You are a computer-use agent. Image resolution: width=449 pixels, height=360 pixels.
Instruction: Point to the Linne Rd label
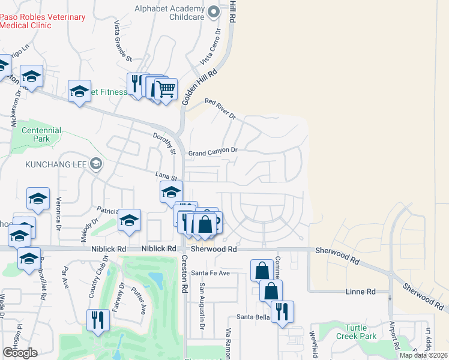(361, 292)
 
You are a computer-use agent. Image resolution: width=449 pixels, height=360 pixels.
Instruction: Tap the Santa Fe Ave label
(211, 272)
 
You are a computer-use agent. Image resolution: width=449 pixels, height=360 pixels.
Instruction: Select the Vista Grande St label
(123, 41)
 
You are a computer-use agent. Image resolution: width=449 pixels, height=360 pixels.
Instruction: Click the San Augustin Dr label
(202, 301)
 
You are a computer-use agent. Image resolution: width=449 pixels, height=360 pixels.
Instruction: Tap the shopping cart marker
(166, 89)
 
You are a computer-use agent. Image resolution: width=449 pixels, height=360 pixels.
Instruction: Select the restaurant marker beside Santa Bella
(282, 311)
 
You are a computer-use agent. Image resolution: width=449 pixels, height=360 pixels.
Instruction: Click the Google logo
(19, 353)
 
